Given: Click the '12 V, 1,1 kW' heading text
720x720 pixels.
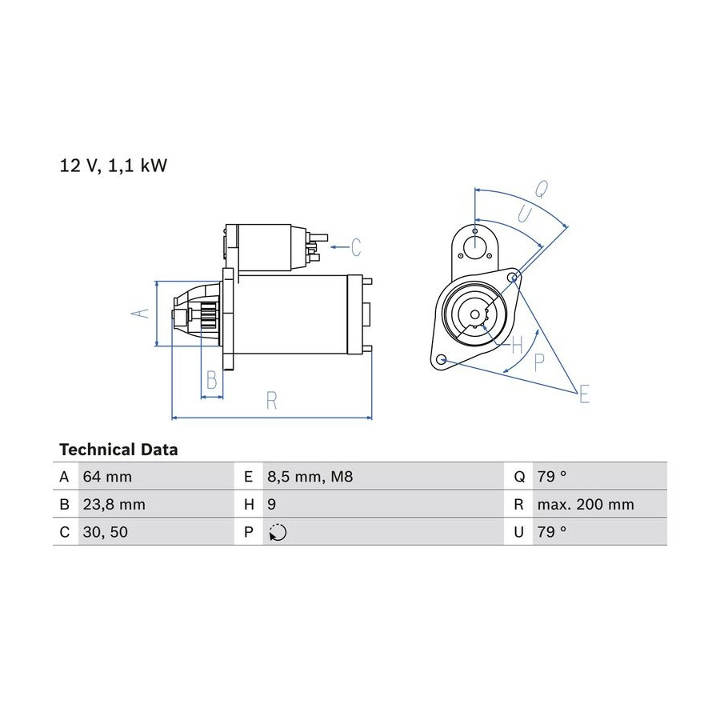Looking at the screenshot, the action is tap(113, 166).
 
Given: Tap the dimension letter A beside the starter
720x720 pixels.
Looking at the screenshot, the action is tap(141, 314).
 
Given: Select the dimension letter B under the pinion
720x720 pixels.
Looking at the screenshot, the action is tap(212, 380).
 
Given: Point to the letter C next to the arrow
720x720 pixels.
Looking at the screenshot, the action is tap(356, 247).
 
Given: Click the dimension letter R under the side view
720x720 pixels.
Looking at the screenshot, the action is tap(272, 401).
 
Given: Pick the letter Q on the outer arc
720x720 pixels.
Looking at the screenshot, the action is tap(542, 189).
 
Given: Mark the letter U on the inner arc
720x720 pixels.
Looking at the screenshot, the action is tap(524, 214).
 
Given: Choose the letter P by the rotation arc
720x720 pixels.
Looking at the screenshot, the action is tap(539, 362).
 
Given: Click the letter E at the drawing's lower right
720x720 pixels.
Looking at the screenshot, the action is tap(584, 394).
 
